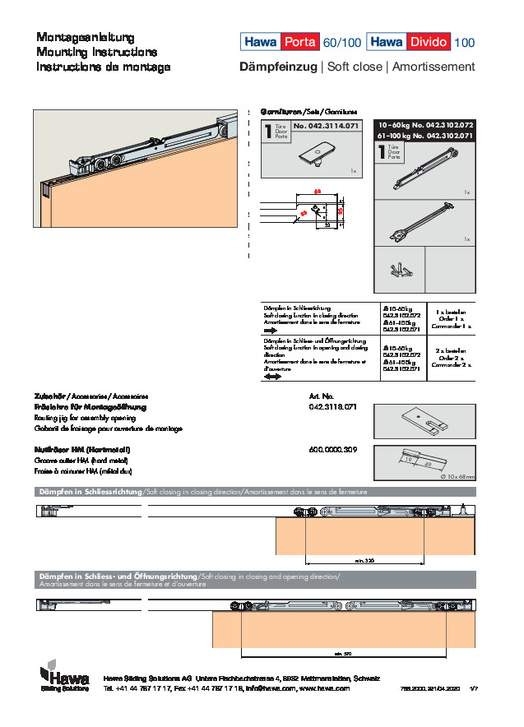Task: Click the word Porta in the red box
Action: [299, 42]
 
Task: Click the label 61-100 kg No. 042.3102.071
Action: [424, 134]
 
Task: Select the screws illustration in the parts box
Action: [401, 269]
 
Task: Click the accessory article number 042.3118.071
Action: [332, 407]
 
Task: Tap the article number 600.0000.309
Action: [332, 450]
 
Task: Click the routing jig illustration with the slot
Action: [424, 421]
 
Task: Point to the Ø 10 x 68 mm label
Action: [458, 476]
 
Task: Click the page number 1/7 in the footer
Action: [473, 688]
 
